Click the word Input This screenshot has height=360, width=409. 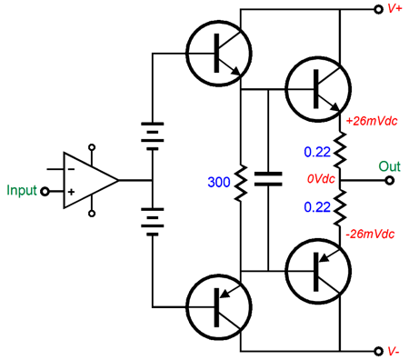coord(20,191)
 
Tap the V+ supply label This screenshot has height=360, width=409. coord(395,10)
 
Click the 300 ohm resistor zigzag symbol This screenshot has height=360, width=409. coord(241,182)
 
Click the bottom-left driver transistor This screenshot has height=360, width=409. coord(218,305)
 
